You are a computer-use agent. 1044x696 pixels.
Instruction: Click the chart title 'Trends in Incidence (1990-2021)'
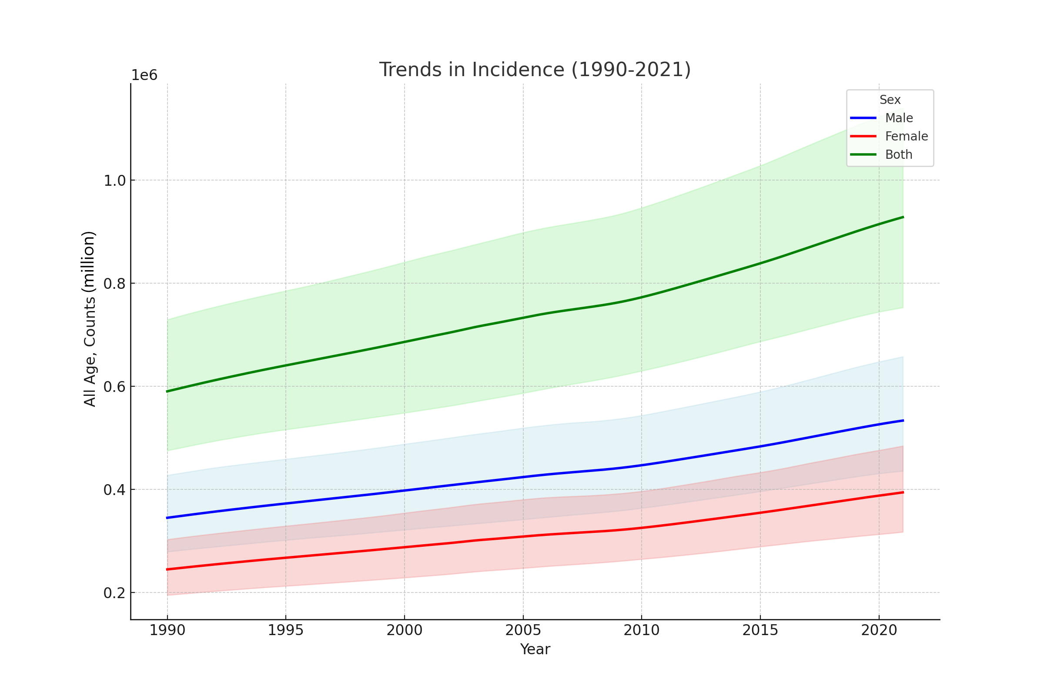(x=535, y=70)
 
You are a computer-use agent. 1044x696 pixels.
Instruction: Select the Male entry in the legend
(x=898, y=118)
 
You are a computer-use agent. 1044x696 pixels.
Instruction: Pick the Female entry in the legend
(x=906, y=136)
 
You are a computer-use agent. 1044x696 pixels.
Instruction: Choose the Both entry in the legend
(x=898, y=154)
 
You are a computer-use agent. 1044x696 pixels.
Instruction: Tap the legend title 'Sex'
(x=890, y=100)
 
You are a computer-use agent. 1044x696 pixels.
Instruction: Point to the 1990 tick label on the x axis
(x=167, y=630)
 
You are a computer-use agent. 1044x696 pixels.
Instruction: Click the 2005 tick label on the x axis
(x=523, y=630)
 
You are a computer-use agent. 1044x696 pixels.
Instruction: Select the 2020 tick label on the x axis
(x=879, y=630)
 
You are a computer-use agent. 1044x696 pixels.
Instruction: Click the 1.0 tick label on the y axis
(x=114, y=181)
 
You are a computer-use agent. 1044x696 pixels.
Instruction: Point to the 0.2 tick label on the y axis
(x=114, y=593)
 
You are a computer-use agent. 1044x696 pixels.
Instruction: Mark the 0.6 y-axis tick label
(x=114, y=387)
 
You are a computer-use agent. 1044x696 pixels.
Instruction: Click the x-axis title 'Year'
(x=535, y=649)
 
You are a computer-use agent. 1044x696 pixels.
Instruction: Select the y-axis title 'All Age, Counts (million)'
(x=89, y=319)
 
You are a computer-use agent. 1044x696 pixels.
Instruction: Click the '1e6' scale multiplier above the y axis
(x=144, y=75)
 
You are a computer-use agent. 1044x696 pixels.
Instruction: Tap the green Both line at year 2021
(x=903, y=217)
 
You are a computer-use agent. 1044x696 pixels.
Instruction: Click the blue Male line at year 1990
(x=167, y=518)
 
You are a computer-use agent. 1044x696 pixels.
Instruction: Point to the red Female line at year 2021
(x=903, y=492)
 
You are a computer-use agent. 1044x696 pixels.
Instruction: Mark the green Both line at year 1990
(x=167, y=391)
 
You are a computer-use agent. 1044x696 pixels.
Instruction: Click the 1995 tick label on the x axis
(x=285, y=630)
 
